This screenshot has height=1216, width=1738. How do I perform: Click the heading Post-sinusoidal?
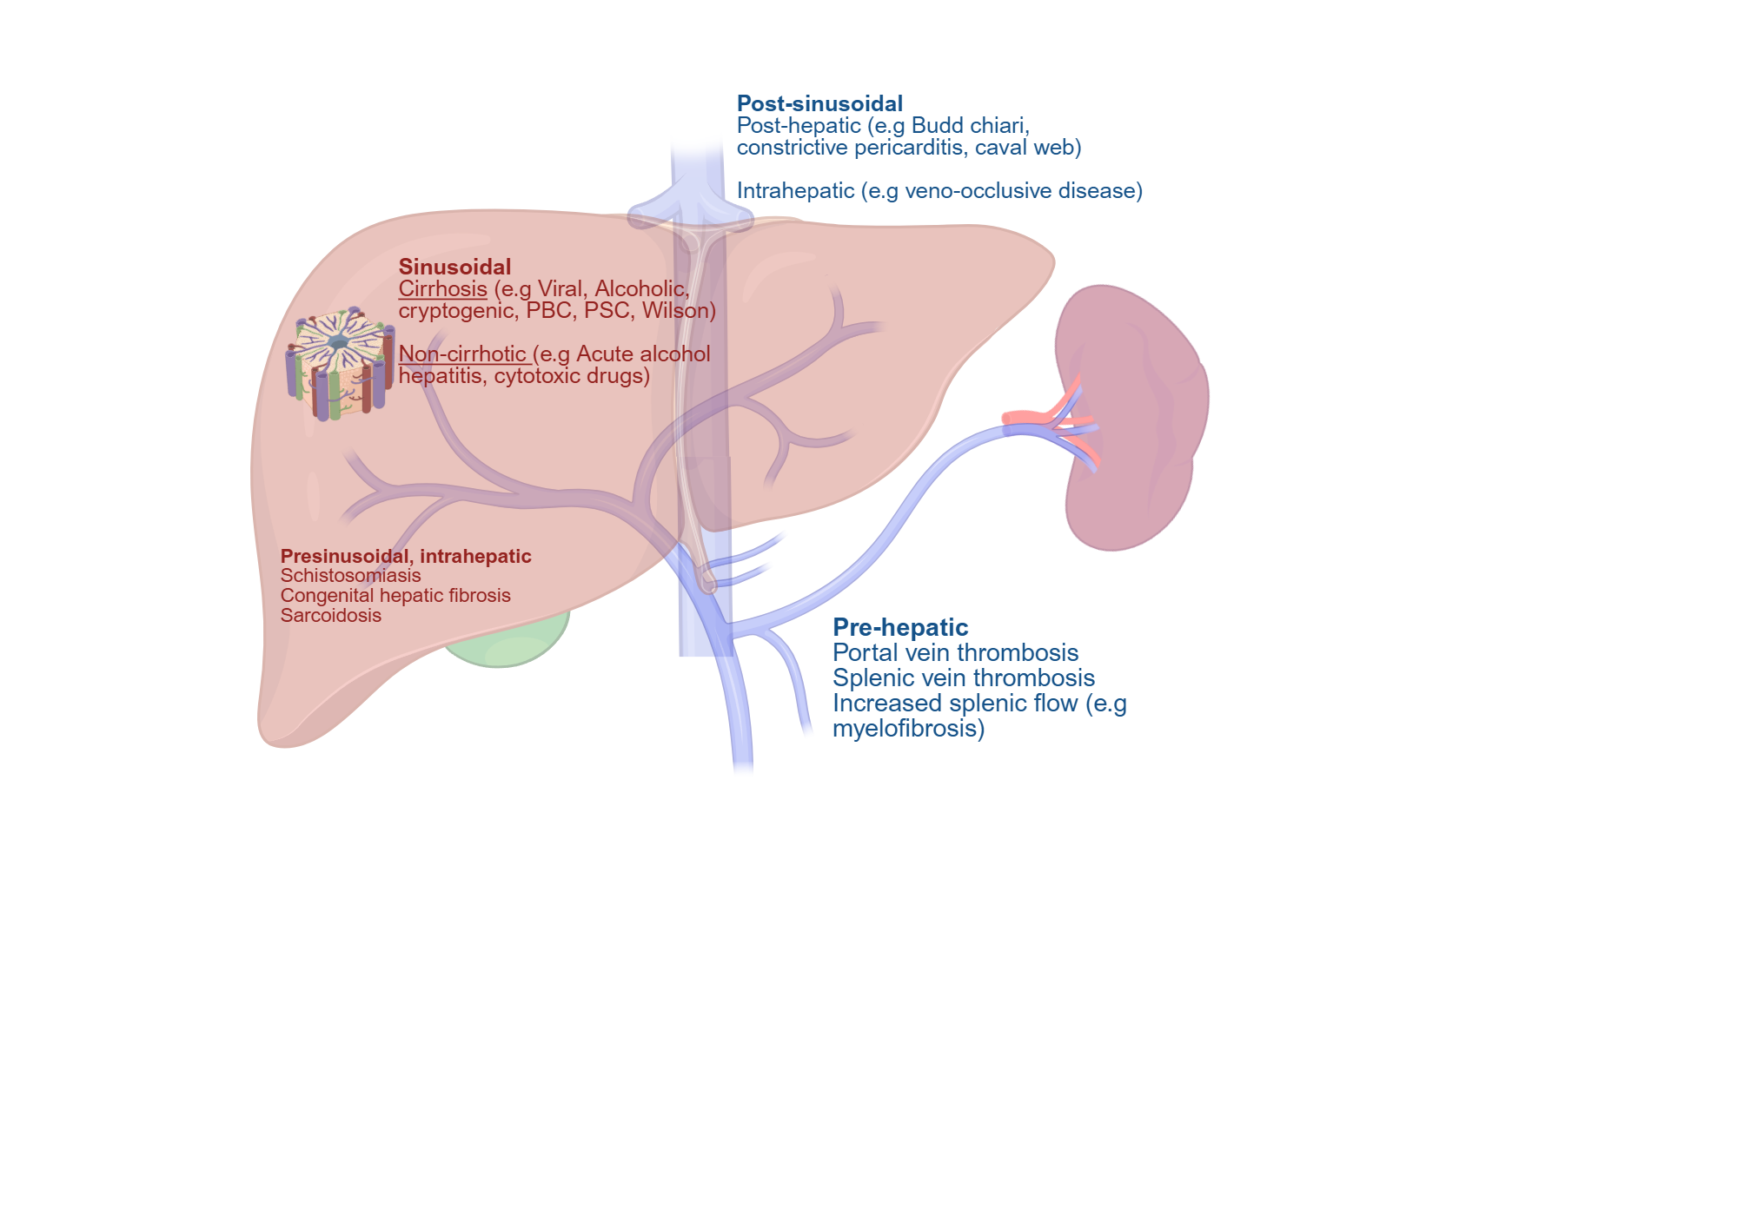pyautogui.click(x=819, y=104)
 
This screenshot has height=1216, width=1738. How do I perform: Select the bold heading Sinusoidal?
pyautogui.click(x=454, y=268)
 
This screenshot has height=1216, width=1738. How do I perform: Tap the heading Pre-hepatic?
pyautogui.click(x=899, y=628)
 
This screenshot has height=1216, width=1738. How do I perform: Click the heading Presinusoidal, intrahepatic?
pyautogui.click(x=405, y=557)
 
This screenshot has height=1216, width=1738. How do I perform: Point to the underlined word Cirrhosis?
pyautogui.click(x=442, y=289)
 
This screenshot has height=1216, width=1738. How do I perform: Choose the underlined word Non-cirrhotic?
pyautogui.click(x=462, y=354)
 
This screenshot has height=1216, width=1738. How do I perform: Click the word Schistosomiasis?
pyautogui.click(x=350, y=576)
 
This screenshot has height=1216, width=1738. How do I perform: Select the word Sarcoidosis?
pyautogui.click(x=330, y=616)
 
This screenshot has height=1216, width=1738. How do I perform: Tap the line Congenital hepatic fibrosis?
pyautogui.click(x=395, y=596)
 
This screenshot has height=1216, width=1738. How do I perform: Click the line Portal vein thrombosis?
pyautogui.click(x=955, y=653)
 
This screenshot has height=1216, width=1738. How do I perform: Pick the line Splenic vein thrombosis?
pyautogui.click(x=963, y=678)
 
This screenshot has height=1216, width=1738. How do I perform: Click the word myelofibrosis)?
pyautogui.click(x=908, y=729)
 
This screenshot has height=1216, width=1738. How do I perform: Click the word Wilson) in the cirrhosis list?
pyautogui.click(x=679, y=311)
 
